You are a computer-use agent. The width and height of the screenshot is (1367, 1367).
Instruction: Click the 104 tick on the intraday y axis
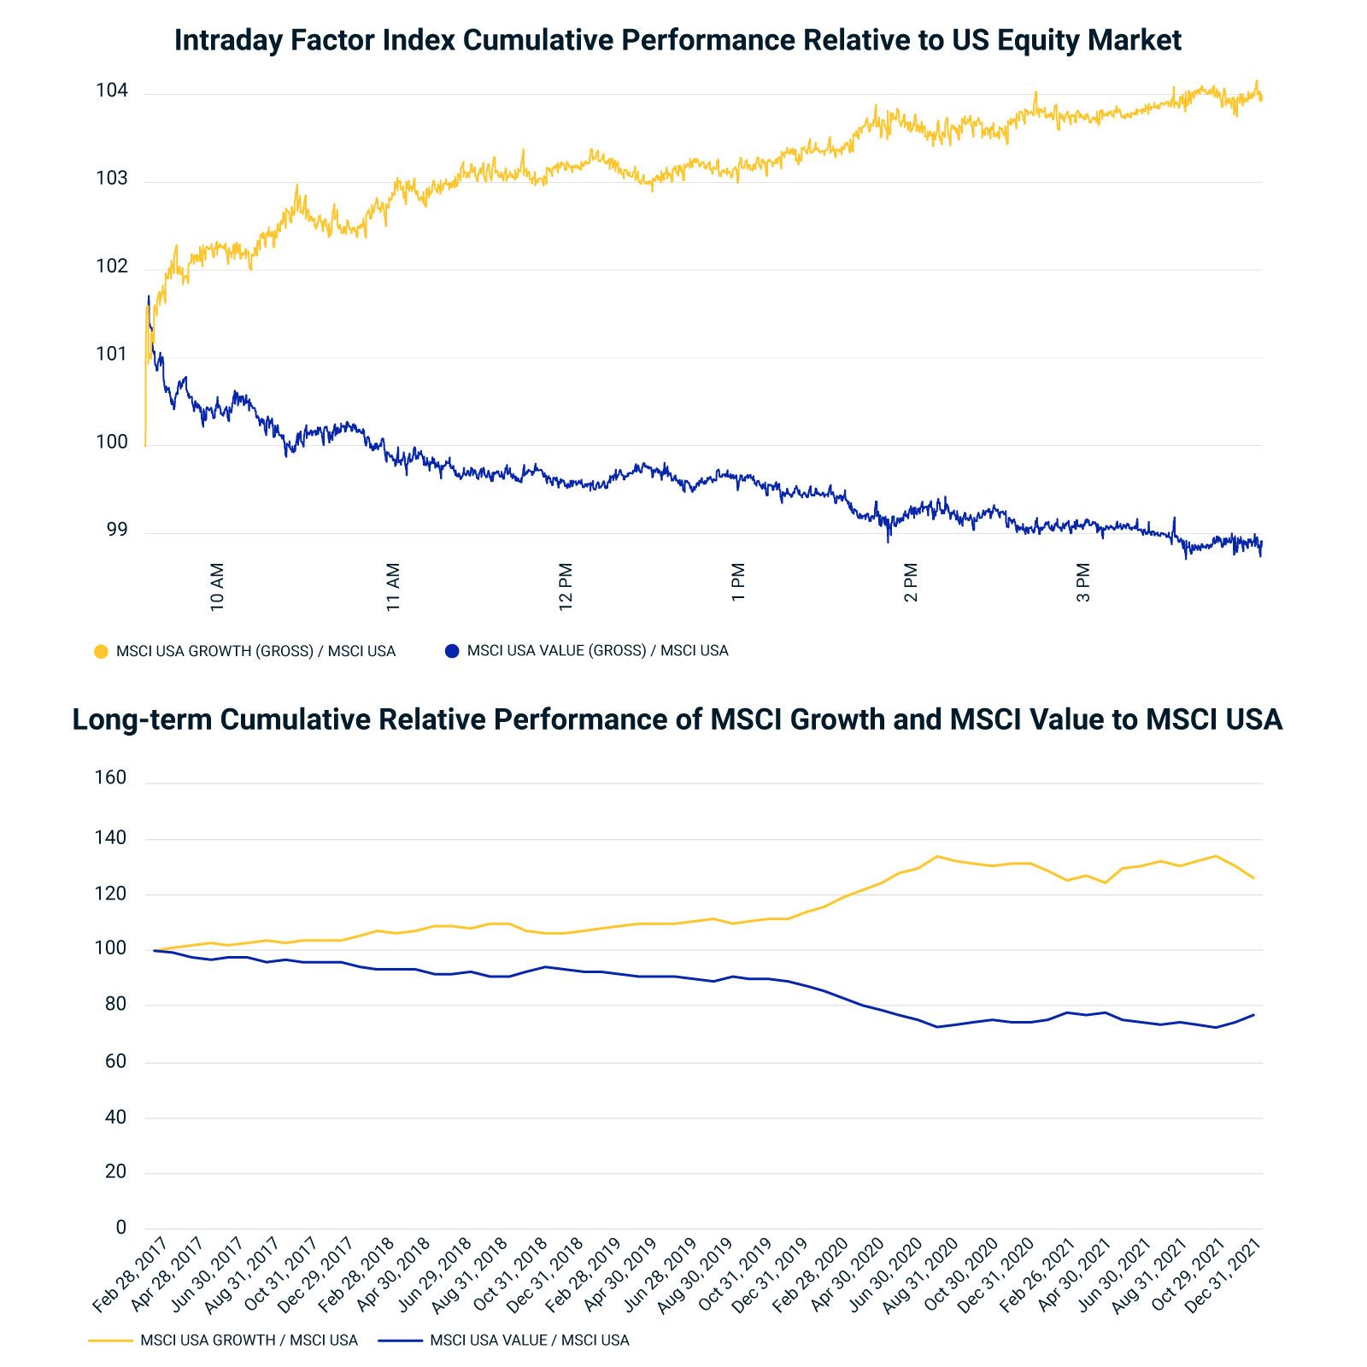pyautogui.click(x=111, y=91)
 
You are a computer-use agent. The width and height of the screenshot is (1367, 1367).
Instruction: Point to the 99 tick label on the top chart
pyautogui.click(x=116, y=530)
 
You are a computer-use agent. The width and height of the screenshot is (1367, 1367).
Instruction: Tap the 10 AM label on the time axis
pyautogui.click(x=217, y=586)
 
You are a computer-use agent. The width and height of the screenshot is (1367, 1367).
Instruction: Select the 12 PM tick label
pyautogui.click(x=566, y=586)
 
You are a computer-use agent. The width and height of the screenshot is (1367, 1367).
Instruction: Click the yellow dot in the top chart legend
pyautogui.click(x=101, y=651)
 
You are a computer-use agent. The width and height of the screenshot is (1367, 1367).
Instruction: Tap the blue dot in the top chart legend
pyautogui.click(x=452, y=651)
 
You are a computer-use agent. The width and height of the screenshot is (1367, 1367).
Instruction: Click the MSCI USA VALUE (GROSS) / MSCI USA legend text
pyautogui.click(x=597, y=651)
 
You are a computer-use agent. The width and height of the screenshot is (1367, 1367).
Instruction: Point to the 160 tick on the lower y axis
pyautogui.click(x=110, y=777)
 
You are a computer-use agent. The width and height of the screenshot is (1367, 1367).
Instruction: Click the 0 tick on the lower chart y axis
pyautogui.click(x=120, y=1228)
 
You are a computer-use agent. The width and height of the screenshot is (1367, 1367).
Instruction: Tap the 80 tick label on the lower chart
pyautogui.click(x=115, y=1005)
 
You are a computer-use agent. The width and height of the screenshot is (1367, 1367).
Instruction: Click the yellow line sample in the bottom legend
pyautogui.click(x=110, y=1341)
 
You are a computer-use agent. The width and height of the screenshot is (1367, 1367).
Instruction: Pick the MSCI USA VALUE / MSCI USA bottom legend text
pyautogui.click(x=529, y=1341)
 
